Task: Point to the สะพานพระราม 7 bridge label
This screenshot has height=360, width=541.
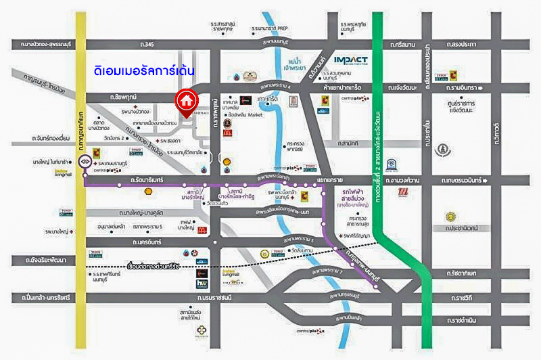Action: pyautogui.click(x=329, y=273)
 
